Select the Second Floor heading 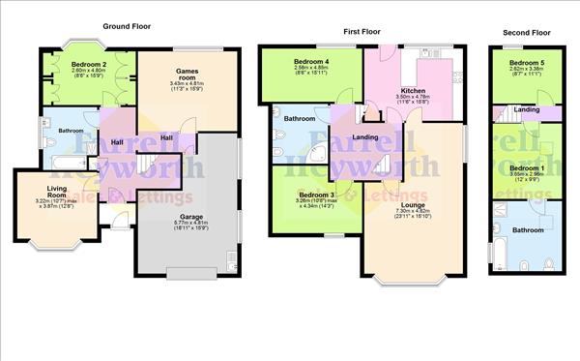tap(526, 33)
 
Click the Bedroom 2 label tap(88, 64)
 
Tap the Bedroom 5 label tap(527, 63)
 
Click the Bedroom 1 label tap(527, 167)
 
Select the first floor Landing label tap(365, 137)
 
